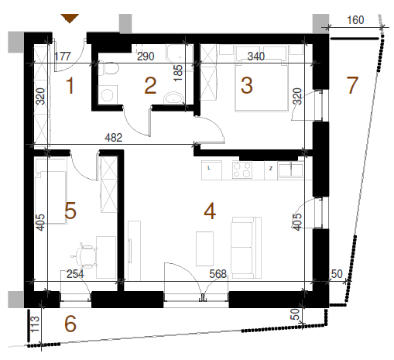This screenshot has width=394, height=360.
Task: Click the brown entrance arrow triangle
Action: coord(70,19)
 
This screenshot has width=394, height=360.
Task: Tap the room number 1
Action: coord(70,85)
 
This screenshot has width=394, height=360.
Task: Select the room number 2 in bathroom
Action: coord(150,86)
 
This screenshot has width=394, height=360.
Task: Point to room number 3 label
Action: coord(247,85)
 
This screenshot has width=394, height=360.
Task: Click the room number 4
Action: coord(210,211)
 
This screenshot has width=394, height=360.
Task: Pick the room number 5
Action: coord(70,211)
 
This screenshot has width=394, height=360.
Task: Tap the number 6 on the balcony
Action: coord(70,324)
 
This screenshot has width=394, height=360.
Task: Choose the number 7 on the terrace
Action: coord(352,85)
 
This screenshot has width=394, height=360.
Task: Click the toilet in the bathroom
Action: coord(108,69)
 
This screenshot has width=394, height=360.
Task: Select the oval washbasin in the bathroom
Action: coord(173,98)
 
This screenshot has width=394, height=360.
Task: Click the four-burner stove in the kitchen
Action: coord(242,170)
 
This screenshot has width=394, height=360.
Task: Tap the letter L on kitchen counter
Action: coord(209,168)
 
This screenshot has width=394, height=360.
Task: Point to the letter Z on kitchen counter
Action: coord(271,169)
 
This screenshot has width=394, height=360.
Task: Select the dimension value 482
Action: coord(114,138)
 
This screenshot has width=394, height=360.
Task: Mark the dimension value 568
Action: coord(218,274)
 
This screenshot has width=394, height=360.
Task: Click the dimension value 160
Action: coord(355,20)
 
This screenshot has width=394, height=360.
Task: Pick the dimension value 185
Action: coord(178,73)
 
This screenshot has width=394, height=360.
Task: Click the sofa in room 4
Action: coord(246,248)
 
